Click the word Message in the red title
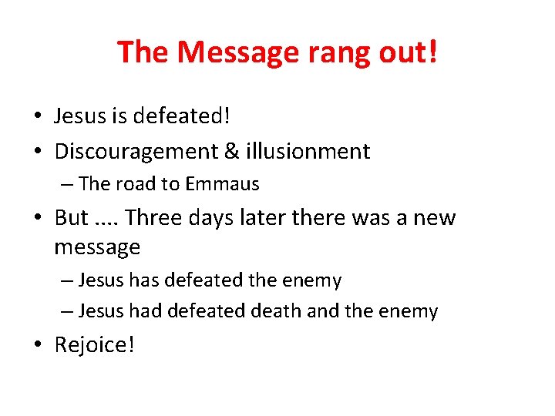point(235,52)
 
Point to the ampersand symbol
point(230,151)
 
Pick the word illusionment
point(308,151)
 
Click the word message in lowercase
point(97,247)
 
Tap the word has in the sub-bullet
point(144,280)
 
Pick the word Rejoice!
point(94,345)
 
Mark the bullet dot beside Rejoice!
point(38,345)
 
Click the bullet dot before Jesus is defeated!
point(38,117)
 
